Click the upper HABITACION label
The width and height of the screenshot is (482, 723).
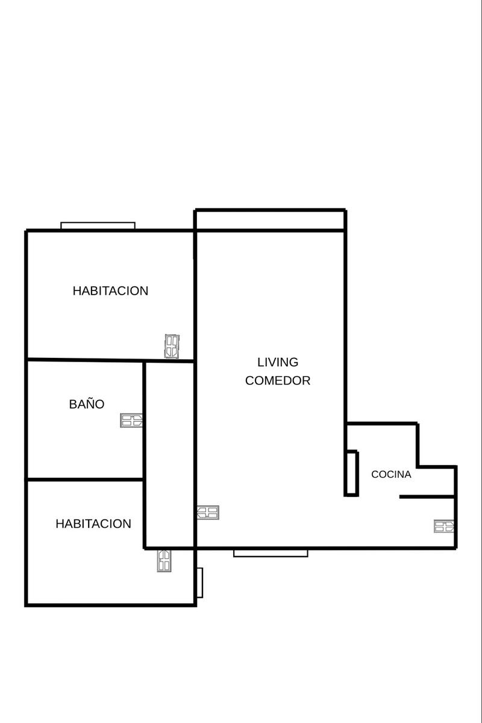click(x=110, y=291)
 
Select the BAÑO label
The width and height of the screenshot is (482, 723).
click(x=87, y=404)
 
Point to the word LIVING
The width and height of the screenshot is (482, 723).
click(x=278, y=362)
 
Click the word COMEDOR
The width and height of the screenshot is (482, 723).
click(x=278, y=381)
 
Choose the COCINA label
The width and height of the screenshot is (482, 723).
click(x=391, y=474)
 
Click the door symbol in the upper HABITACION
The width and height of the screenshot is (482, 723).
click(x=172, y=346)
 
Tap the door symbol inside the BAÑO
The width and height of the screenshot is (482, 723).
click(x=131, y=421)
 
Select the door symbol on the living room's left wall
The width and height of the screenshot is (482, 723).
click(x=208, y=513)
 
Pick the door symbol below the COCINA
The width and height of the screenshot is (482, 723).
click(x=444, y=526)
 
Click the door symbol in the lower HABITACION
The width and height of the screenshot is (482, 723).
click(x=164, y=561)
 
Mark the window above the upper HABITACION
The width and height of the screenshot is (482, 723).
click(x=98, y=225)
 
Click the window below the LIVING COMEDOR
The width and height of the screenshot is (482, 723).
click(x=271, y=554)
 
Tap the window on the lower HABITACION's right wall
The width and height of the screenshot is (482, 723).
click(x=200, y=583)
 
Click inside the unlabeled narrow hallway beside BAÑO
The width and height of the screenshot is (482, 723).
click(x=169, y=455)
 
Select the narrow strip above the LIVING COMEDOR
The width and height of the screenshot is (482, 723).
click(x=270, y=220)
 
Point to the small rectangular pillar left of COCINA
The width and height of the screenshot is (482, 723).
click(x=351, y=473)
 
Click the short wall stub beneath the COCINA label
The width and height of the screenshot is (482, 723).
click(x=427, y=496)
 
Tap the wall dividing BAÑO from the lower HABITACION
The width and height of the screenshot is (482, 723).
click(x=85, y=480)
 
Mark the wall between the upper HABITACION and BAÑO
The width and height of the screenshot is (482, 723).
click(x=110, y=360)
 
